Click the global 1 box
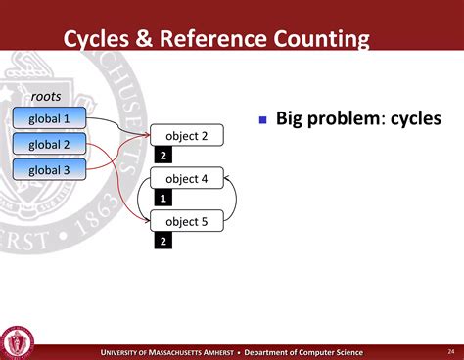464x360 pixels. click(x=49, y=119)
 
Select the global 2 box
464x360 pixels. click(x=49, y=145)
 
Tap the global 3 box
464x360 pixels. click(x=49, y=169)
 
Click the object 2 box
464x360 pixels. click(x=186, y=136)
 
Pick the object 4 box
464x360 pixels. click(x=186, y=179)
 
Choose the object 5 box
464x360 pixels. click(x=186, y=221)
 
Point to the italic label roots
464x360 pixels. click(x=47, y=97)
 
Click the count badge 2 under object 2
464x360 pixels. click(x=163, y=156)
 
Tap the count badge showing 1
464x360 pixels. click(x=163, y=199)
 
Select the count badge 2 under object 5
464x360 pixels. click(x=163, y=241)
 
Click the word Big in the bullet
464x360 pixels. click(x=294, y=119)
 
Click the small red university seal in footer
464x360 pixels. click(x=17, y=341)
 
